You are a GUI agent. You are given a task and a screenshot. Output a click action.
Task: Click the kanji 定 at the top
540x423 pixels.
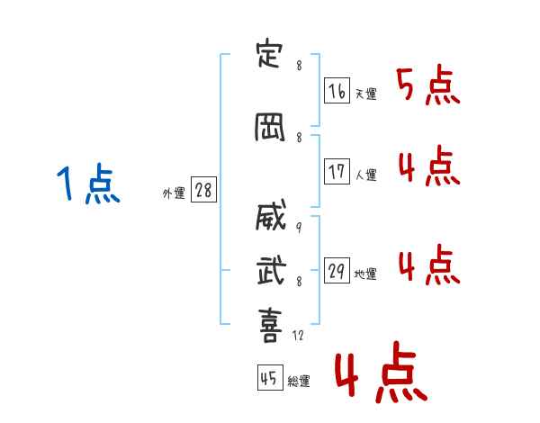(x=269, y=55)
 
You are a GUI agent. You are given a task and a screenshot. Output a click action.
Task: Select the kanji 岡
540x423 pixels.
(x=270, y=127)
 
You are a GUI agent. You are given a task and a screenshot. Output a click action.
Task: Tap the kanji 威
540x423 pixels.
(x=271, y=215)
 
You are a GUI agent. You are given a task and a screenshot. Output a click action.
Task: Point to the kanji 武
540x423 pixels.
(x=272, y=270)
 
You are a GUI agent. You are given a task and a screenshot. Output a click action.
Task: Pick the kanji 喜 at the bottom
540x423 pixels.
(x=271, y=325)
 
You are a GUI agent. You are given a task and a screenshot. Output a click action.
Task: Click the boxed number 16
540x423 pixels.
(x=337, y=91)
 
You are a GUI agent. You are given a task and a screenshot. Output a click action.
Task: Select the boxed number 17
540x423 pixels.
(x=337, y=171)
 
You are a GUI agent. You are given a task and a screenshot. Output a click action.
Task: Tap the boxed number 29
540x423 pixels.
(x=337, y=270)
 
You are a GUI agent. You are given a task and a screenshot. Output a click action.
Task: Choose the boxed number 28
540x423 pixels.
(x=203, y=190)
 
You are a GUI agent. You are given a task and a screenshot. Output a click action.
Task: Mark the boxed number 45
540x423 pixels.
(x=270, y=377)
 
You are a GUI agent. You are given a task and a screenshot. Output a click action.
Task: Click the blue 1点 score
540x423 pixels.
(x=88, y=184)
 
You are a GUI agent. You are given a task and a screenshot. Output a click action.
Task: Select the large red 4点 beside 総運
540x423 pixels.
(x=382, y=373)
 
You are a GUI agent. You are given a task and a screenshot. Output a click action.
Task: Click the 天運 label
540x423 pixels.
(x=365, y=94)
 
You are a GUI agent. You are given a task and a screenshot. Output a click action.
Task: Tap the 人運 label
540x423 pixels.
(x=365, y=175)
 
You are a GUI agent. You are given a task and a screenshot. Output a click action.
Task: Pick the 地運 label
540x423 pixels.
(x=365, y=274)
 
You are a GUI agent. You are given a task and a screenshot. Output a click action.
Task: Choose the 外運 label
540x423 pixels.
(x=174, y=193)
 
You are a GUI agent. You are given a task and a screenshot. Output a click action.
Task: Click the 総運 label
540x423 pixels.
(x=299, y=382)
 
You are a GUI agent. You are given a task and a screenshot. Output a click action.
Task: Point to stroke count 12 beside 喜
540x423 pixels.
(x=298, y=335)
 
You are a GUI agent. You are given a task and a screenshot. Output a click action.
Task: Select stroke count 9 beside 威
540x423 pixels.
(x=299, y=227)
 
